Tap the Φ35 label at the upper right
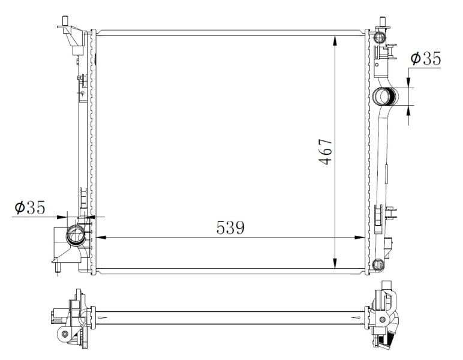point(425,59)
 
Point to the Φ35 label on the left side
point(30,208)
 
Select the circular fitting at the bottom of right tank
point(378,265)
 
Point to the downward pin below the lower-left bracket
point(56,270)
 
